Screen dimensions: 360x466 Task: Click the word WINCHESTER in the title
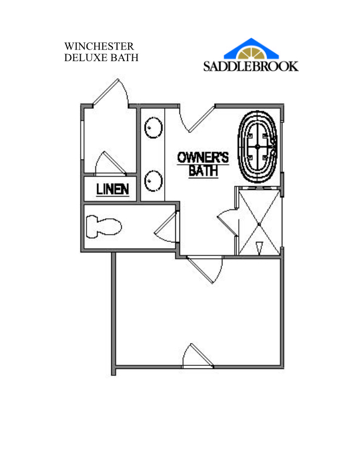click(x=99, y=46)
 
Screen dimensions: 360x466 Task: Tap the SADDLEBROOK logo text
click(x=251, y=66)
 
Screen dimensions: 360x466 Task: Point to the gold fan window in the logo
click(x=251, y=53)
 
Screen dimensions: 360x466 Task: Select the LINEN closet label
click(x=112, y=189)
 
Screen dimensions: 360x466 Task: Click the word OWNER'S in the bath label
click(x=203, y=158)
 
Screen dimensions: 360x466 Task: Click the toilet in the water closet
click(x=104, y=227)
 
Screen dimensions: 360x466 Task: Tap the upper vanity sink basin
click(x=154, y=128)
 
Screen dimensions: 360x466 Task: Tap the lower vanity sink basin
click(x=154, y=181)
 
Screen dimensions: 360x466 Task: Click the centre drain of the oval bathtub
click(x=257, y=147)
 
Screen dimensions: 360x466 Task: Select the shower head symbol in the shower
click(x=259, y=248)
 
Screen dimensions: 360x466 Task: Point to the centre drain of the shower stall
click(x=259, y=224)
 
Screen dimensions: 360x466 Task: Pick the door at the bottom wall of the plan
click(x=198, y=356)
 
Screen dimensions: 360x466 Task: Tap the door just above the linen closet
click(x=110, y=163)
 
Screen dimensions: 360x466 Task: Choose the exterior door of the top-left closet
click(x=111, y=92)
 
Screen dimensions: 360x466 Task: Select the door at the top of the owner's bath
click(x=197, y=118)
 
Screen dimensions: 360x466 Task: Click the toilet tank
click(x=92, y=227)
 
